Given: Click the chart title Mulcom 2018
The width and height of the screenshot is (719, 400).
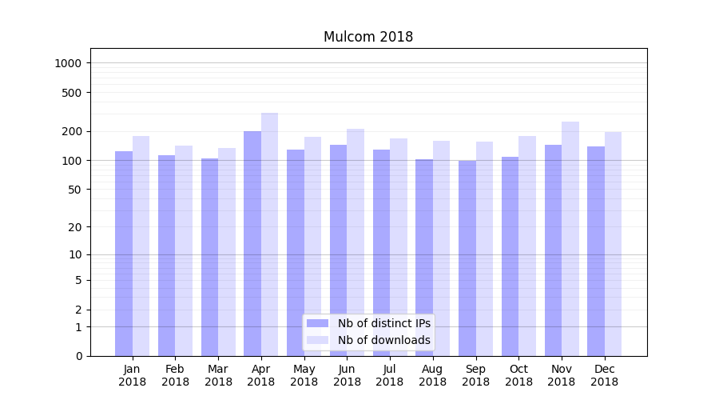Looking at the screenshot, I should tap(368, 37).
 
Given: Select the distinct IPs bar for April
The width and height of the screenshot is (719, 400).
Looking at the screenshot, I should tap(252, 240).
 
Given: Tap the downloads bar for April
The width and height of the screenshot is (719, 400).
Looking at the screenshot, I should tap(269, 232).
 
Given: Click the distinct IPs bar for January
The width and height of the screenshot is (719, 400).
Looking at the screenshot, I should tap(124, 252).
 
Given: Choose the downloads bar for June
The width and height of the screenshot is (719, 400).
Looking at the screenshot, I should tap(356, 240).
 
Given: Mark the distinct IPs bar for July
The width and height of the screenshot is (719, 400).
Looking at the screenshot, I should tap(381, 252).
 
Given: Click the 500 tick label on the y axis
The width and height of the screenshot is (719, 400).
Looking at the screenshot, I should tap(73, 93).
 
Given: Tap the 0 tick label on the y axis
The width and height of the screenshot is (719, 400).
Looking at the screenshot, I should tap(79, 356).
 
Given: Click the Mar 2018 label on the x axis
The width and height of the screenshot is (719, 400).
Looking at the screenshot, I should tap(218, 375).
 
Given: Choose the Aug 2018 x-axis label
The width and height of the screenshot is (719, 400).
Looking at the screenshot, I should tap(433, 375).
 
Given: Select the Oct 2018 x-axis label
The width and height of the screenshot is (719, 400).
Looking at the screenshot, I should tap(518, 375).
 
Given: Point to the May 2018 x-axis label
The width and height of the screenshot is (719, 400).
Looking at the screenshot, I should tap(304, 375).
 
